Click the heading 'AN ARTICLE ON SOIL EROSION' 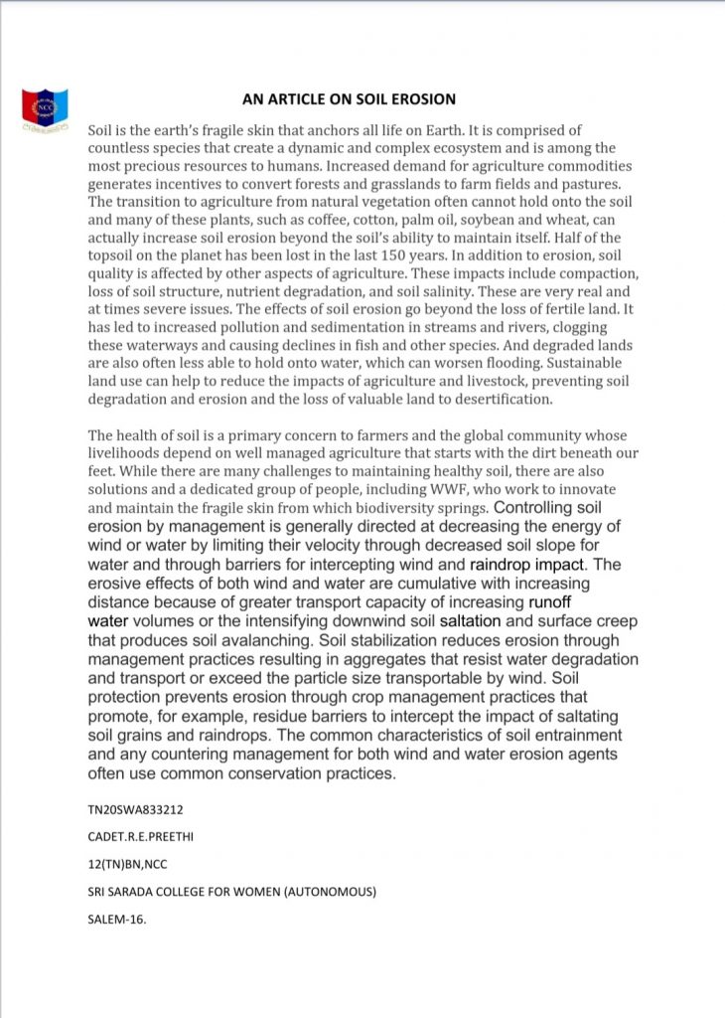click(350, 99)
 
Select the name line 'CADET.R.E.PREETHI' click(140, 837)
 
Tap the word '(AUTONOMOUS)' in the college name click(331, 893)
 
